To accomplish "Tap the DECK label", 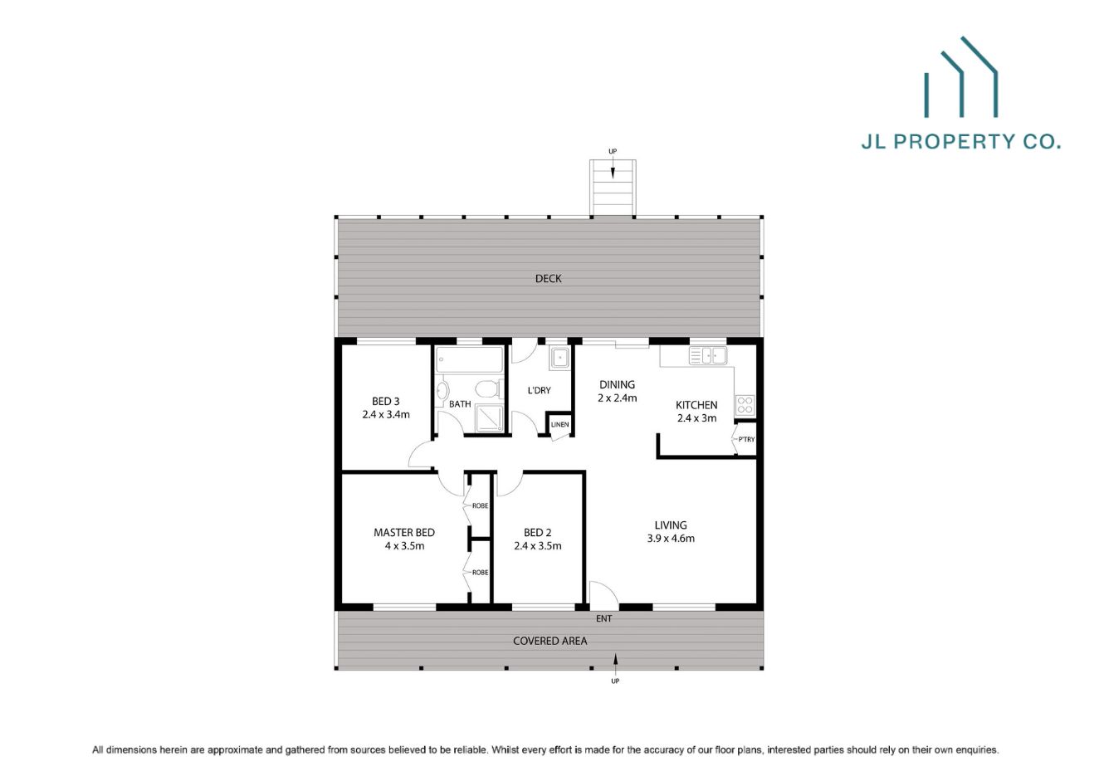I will point(548,279).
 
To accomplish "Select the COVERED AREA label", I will point(550,641).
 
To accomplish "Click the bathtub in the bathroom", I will point(469,360).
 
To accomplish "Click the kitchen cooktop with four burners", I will point(745,406).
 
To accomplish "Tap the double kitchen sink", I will point(707,355).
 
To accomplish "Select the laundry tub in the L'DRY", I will point(559,358).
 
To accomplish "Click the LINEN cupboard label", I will point(560,425).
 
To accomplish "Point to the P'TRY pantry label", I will point(746,439).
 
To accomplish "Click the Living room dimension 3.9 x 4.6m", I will point(671,538).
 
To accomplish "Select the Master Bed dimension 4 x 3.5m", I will point(404,546).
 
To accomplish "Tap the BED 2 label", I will point(538,533).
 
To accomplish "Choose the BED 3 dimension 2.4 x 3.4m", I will point(386,414).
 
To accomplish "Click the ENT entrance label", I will point(603,618).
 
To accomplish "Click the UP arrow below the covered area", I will point(615,661).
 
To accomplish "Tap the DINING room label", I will point(617,384).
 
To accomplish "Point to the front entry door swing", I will point(602,593).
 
